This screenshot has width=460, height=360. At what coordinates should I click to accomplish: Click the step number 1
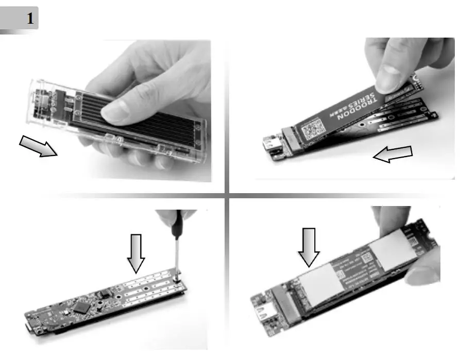30,20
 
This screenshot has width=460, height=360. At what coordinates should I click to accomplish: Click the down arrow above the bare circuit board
136,252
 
